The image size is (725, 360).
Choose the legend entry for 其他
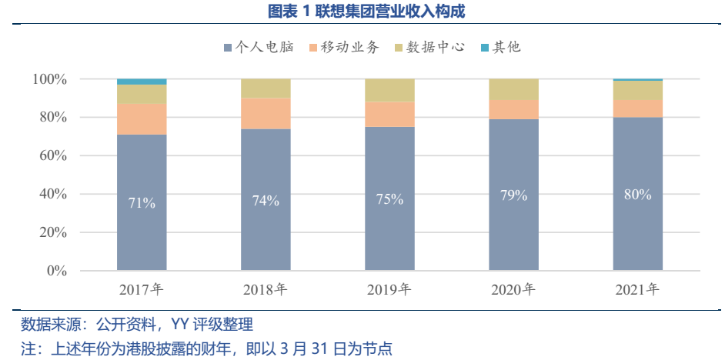tap(506, 47)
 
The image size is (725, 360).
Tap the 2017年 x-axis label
tap(142, 290)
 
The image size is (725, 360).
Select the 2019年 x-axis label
tap(389, 290)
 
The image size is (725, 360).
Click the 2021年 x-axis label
tap(637, 290)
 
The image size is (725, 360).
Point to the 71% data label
tap(142, 203)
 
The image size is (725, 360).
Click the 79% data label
tap(513, 195)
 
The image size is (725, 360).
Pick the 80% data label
tap(637, 195)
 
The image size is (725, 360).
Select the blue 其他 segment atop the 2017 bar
tap(142, 82)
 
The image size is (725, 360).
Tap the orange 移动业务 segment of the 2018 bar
tap(266, 113)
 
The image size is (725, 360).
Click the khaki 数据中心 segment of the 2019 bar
tap(389, 91)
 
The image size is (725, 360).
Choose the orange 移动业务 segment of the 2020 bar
tap(513, 109)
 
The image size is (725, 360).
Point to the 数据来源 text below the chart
tap(48, 324)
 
